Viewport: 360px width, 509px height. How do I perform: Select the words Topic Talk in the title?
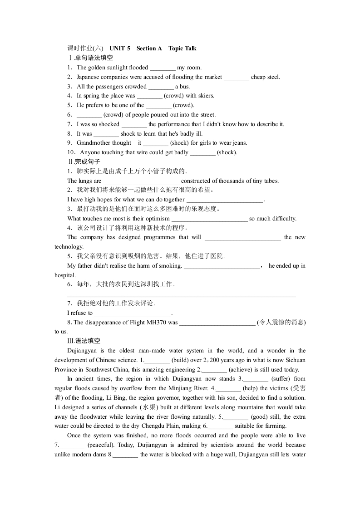pos(182,49)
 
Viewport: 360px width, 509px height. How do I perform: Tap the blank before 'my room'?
pos(162,68)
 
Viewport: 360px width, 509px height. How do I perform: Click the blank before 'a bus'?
pos(161,87)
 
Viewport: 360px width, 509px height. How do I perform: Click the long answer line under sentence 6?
pos(182,296)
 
